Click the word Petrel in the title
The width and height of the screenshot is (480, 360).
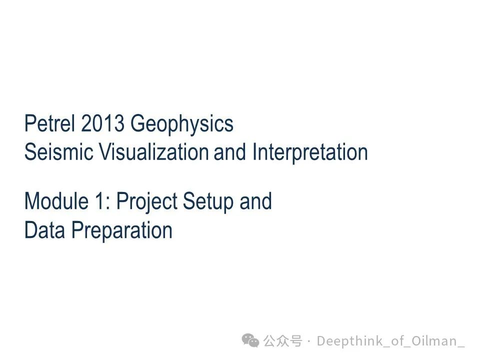coord(49,123)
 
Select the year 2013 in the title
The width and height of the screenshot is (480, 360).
coord(102,123)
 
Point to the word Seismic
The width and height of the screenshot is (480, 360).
coord(59,151)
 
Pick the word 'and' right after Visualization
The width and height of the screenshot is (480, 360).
coord(230,151)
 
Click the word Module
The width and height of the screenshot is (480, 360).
coord(56,201)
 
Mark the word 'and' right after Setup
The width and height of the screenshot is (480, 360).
coord(255,201)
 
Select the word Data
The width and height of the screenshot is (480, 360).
coord(44,229)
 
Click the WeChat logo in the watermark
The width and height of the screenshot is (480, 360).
coord(250,340)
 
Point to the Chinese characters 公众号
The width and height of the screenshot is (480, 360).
coord(282,341)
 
